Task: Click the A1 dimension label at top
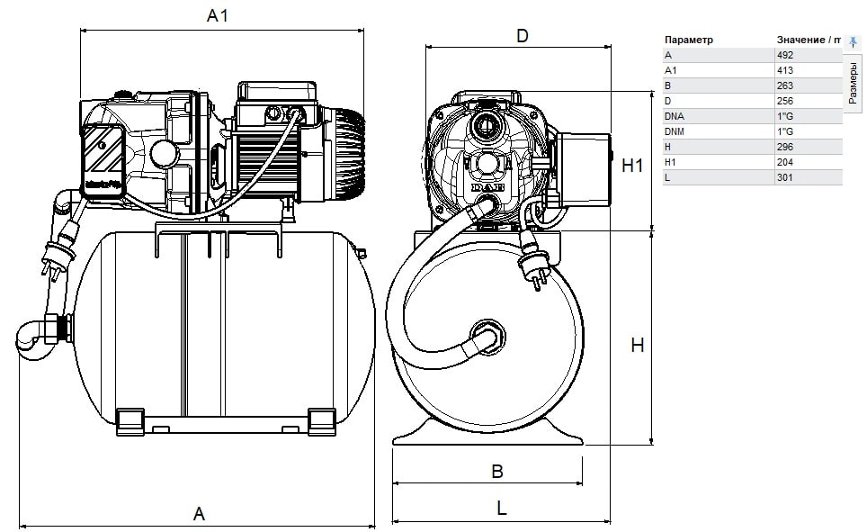point(218,15)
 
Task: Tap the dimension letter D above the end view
point(521,36)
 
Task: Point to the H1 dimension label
point(634,165)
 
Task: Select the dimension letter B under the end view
point(496,471)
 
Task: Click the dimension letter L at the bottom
point(501,508)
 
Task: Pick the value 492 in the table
point(784,55)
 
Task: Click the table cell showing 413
point(784,70)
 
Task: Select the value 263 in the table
point(784,86)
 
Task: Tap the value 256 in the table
point(784,101)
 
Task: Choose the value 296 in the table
point(784,147)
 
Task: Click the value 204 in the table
point(784,162)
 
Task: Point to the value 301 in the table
point(784,177)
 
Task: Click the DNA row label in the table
point(674,116)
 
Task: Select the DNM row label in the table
point(675,131)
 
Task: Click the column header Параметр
point(688,40)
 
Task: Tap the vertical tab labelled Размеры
point(854,85)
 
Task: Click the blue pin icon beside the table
point(854,41)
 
